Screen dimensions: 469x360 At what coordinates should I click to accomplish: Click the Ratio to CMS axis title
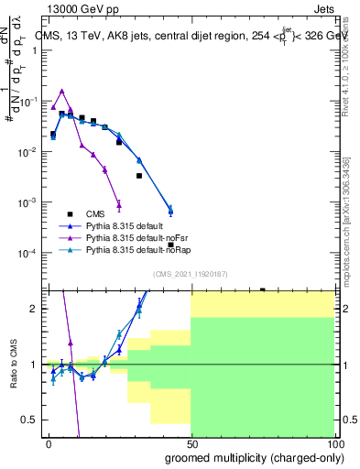(15, 364)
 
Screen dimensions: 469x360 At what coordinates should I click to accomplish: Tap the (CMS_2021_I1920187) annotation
(191, 274)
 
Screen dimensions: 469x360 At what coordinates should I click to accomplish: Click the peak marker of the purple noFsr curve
(62, 91)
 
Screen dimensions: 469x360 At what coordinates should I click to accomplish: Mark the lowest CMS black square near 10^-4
(171, 245)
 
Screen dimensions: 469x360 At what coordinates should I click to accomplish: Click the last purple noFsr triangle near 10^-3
(118, 204)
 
